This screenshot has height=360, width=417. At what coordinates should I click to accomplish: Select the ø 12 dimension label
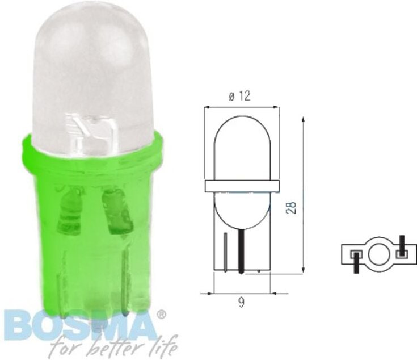click(240, 96)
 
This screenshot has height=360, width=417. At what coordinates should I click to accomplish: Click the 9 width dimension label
click(242, 303)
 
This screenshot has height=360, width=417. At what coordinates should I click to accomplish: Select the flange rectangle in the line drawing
click(242, 186)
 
